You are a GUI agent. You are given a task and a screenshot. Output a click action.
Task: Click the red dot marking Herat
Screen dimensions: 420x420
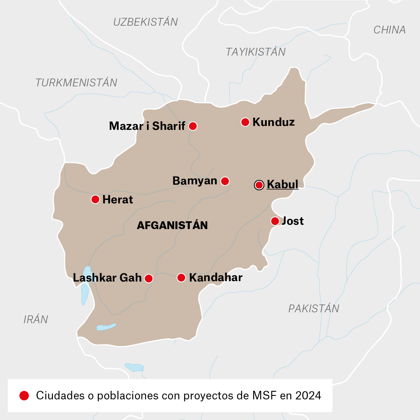(95, 199)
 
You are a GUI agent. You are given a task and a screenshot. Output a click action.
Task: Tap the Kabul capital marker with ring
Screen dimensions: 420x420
(259, 185)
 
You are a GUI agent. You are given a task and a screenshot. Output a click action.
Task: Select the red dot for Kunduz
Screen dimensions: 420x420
(245, 122)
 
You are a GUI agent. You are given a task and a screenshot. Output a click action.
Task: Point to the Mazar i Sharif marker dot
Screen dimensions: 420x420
(192, 126)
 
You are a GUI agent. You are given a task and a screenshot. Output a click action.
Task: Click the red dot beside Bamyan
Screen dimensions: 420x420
(225, 181)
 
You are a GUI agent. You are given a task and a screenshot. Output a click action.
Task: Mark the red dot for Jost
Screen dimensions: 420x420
(275, 221)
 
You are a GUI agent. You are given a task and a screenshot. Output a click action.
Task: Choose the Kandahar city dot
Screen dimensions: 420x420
(181, 278)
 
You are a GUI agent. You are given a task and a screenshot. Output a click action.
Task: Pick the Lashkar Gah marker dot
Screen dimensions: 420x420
(149, 278)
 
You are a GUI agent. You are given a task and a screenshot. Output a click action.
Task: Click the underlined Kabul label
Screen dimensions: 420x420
(283, 184)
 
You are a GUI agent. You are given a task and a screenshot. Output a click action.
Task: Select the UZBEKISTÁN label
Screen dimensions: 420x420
(145, 22)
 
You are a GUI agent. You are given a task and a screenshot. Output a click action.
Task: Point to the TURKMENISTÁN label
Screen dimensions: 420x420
(76, 82)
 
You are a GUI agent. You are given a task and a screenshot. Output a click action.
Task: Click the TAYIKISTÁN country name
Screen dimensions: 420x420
(255, 52)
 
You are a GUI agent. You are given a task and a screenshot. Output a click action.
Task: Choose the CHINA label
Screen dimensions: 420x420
(389, 30)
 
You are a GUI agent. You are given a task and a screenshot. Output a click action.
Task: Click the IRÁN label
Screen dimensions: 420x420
(36, 320)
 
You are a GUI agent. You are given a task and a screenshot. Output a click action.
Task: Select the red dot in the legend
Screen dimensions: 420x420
(24, 396)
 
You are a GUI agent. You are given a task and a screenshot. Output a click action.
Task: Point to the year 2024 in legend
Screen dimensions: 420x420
(308, 396)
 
